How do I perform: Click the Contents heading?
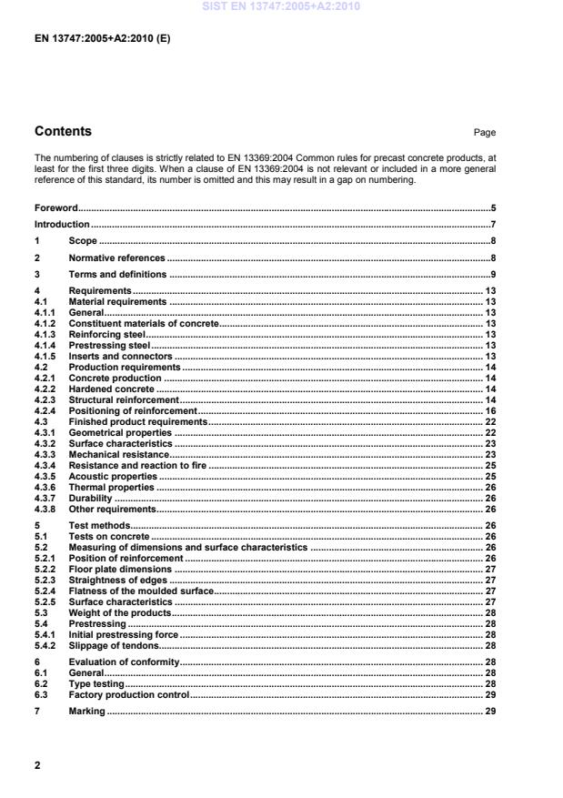pyautogui.click(x=63, y=131)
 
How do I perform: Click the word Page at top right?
pyautogui.click(x=485, y=133)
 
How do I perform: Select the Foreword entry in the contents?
pyautogui.click(x=56, y=207)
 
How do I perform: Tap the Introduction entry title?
pyautogui.click(x=62, y=224)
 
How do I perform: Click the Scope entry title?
pyautogui.click(x=83, y=241)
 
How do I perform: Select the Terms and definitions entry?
pyautogui.click(x=117, y=274)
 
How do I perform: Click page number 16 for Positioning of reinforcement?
pyautogui.click(x=489, y=411)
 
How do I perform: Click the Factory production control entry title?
pyautogui.click(x=129, y=694)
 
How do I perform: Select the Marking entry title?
pyautogui.click(x=87, y=712)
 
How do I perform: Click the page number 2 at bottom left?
pyautogui.click(x=37, y=765)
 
